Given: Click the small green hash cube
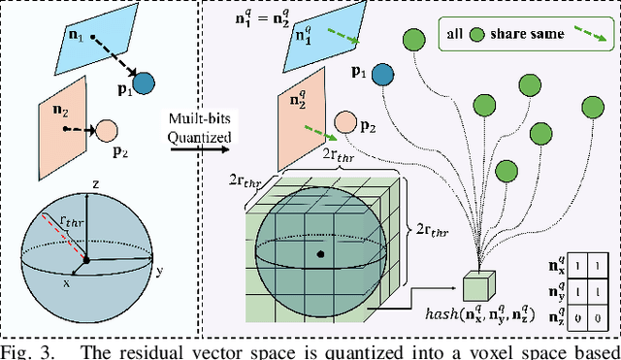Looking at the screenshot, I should [477, 286].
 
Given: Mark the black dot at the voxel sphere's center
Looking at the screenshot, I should [319, 254].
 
